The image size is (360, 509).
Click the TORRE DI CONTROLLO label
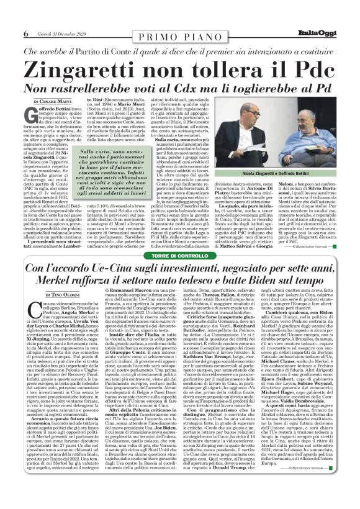pos(179,238)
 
